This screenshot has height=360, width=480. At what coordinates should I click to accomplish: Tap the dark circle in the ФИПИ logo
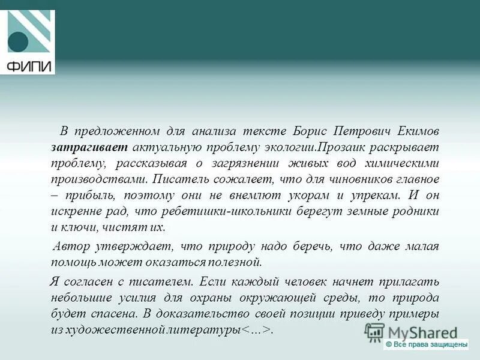(x=17, y=42)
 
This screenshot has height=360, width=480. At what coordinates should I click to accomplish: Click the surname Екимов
(x=416, y=131)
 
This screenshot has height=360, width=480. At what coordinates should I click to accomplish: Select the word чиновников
(x=361, y=179)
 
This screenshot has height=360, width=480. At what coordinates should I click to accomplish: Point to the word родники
(x=417, y=212)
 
